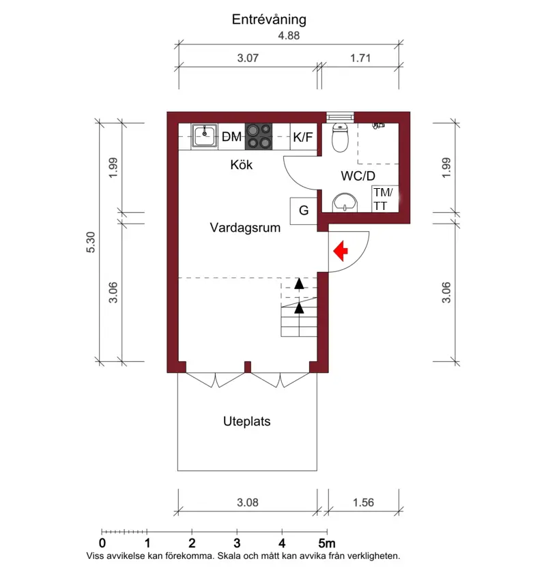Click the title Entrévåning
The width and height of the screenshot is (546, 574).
[x=269, y=20]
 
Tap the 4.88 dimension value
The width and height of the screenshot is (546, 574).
[x=289, y=35]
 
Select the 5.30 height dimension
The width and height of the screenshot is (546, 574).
[x=91, y=242]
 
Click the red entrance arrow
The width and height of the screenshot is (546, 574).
[x=341, y=251]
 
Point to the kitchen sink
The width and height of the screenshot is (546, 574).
[x=205, y=136]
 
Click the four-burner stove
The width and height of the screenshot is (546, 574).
[x=259, y=136]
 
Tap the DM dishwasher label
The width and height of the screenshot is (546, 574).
[x=231, y=137]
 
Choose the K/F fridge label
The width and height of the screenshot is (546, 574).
[x=303, y=137]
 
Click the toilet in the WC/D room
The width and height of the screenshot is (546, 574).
[x=340, y=137]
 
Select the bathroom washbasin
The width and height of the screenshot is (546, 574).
[x=345, y=202]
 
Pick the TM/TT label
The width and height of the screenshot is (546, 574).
[x=384, y=199]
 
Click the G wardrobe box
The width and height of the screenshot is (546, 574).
[x=304, y=211]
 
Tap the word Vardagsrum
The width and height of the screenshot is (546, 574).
[x=245, y=228]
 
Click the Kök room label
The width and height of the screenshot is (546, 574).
[x=242, y=165]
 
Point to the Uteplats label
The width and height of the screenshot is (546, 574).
[x=246, y=421]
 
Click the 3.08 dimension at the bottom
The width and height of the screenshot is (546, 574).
[x=248, y=502]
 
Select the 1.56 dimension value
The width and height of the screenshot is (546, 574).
[x=363, y=502]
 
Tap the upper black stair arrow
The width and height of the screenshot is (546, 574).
[x=299, y=284]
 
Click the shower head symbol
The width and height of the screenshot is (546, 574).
[x=378, y=125]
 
